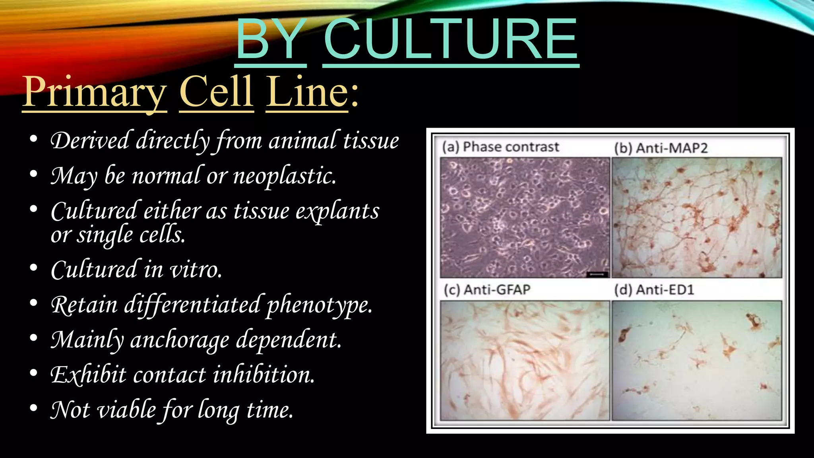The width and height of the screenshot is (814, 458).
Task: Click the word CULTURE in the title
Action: point(451,40)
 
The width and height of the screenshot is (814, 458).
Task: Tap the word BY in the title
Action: point(271,40)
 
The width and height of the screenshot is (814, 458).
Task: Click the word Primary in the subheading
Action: point(94,92)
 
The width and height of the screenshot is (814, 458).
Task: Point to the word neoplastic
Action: point(285,176)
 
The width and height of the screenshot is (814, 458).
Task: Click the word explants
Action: point(337,211)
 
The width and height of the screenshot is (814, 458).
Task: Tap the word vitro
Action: point(196,270)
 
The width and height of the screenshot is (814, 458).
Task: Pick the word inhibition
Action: point(264,375)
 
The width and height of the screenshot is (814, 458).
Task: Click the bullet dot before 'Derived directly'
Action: point(34,139)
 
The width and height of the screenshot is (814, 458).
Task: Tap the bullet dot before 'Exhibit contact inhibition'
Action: point(34,373)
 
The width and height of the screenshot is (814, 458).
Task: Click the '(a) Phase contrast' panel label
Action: point(501,147)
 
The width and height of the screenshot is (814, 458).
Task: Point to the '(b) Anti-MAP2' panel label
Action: point(661,148)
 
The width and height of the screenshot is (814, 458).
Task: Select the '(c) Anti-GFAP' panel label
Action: point(487,289)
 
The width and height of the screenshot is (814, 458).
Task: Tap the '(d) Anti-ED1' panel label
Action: point(654,289)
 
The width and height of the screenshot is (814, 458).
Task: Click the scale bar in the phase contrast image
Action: point(597,274)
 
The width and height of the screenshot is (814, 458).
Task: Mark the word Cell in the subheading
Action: point(217,92)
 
